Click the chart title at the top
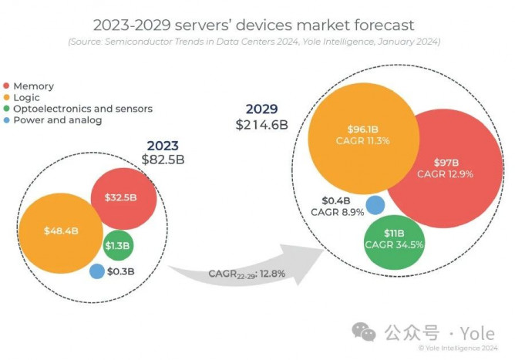pos(257,25)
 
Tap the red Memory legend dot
pos(8,86)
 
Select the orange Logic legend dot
pos(8,97)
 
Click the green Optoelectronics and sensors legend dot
pos(8,109)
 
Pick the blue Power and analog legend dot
pos(8,120)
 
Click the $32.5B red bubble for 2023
pos(124,197)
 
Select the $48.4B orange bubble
pos(60,231)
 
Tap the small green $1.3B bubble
pos(118,246)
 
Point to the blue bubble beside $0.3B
pos(97,271)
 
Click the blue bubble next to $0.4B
pos(375,204)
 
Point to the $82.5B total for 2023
pos(163,160)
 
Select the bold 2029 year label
pos(262,108)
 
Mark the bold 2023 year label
pos(163,145)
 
